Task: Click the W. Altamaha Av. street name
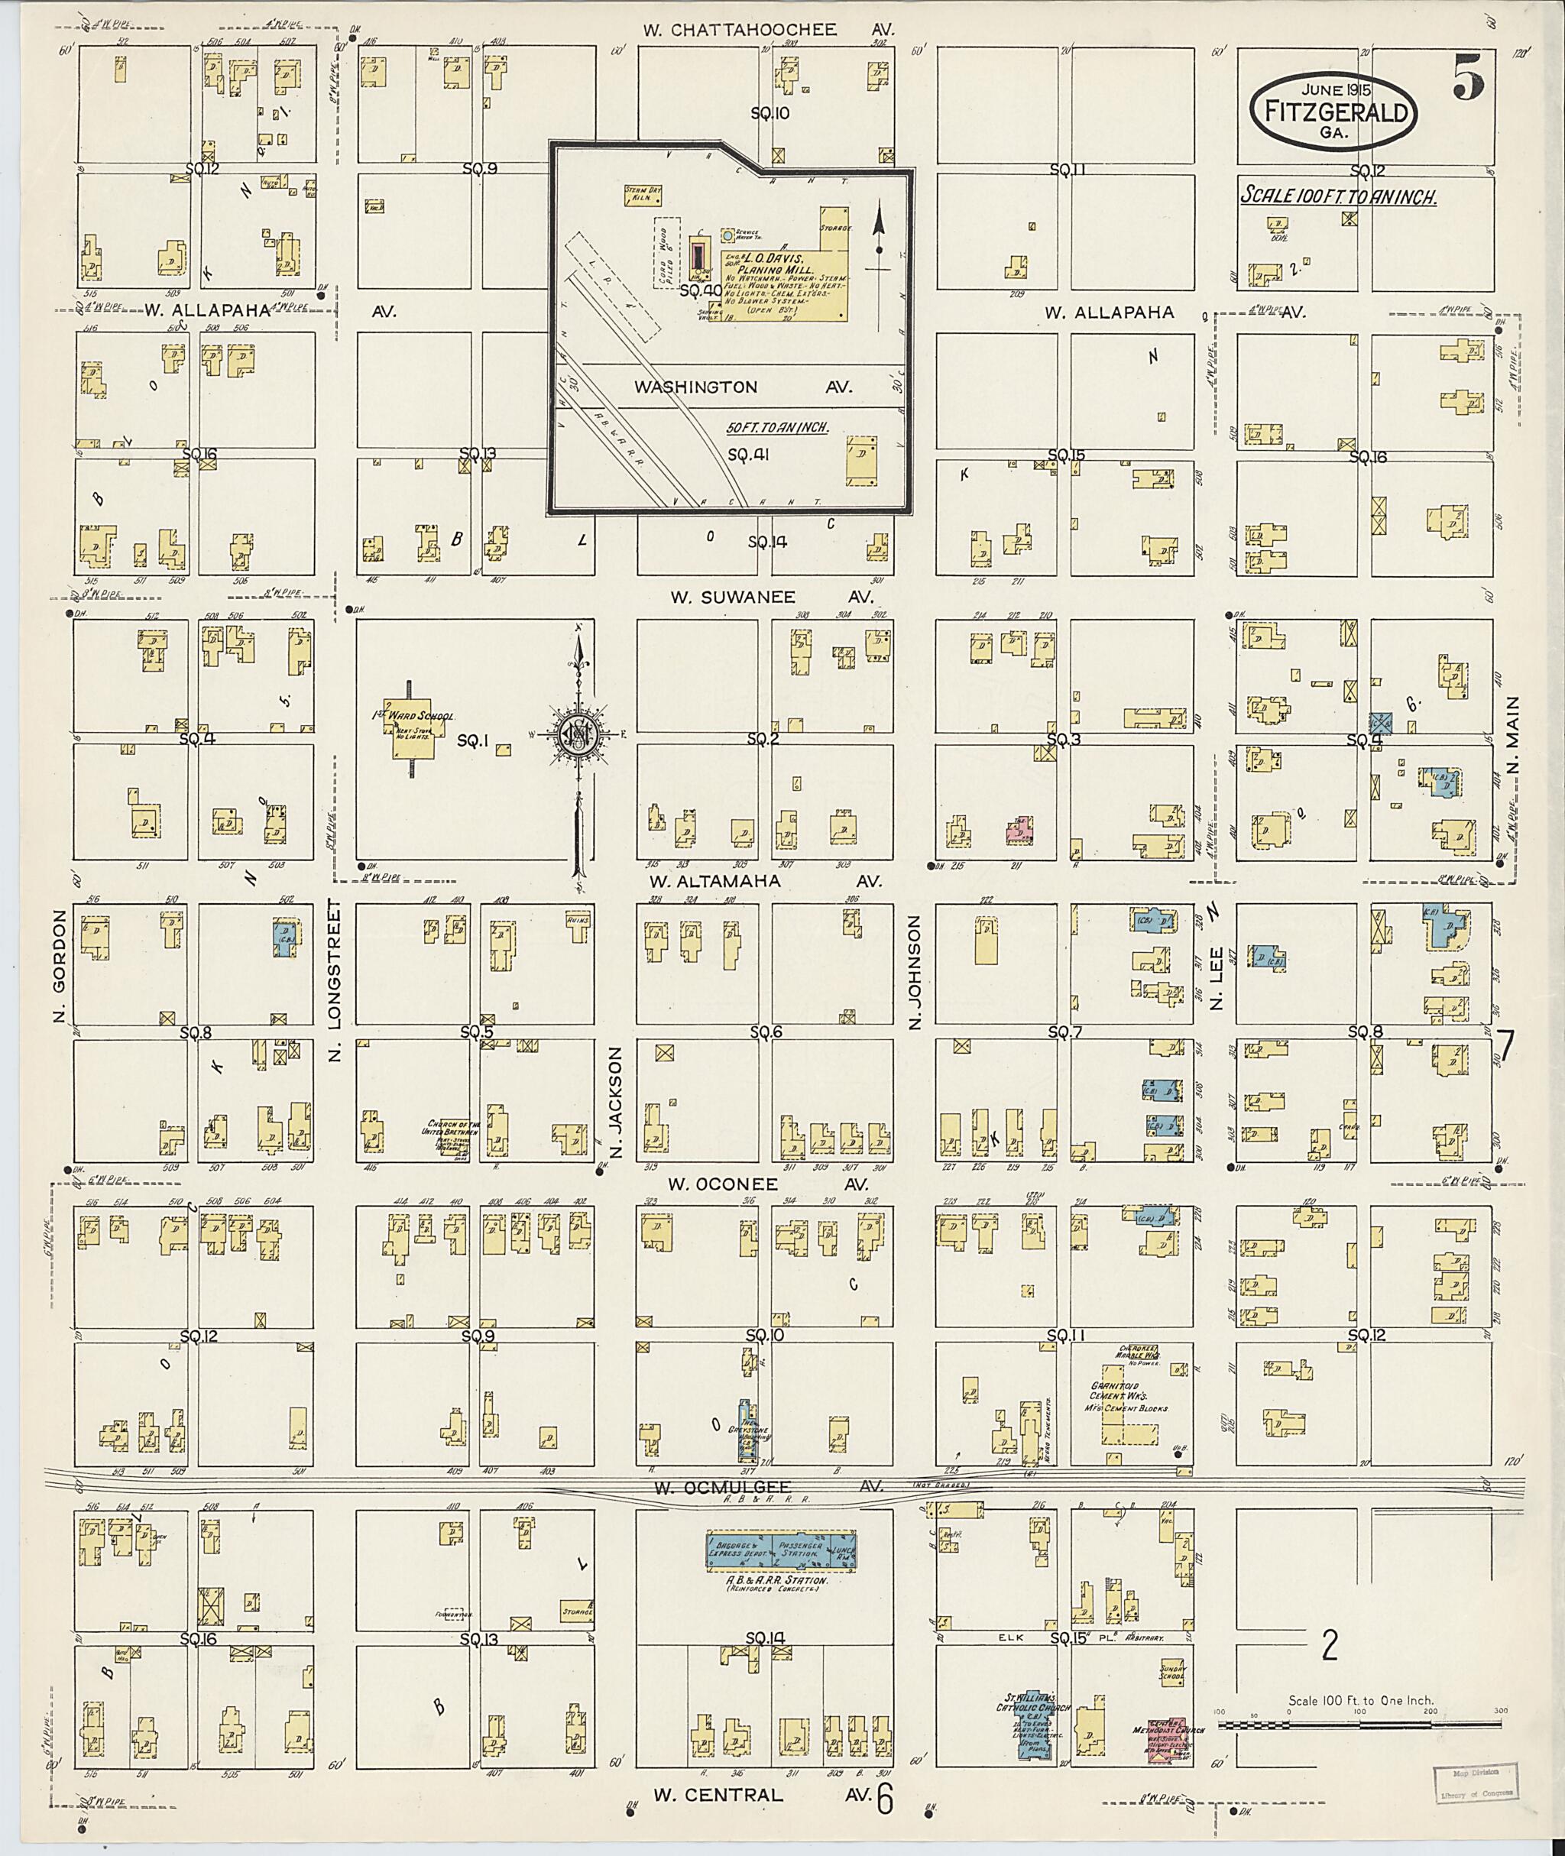tap(765, 881)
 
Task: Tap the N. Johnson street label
tap(915, 973)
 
